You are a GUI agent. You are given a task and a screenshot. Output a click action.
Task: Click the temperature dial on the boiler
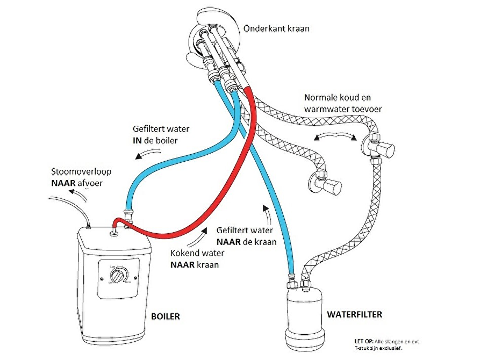point(117,276)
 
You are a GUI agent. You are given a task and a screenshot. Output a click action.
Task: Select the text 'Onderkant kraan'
point(276,28)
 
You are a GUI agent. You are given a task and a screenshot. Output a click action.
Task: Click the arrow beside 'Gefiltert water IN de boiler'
point(142,155)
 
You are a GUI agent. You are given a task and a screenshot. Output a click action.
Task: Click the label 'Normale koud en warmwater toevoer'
point(344,104)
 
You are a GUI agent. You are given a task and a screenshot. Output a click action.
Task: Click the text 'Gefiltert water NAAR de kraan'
point(246,236)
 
